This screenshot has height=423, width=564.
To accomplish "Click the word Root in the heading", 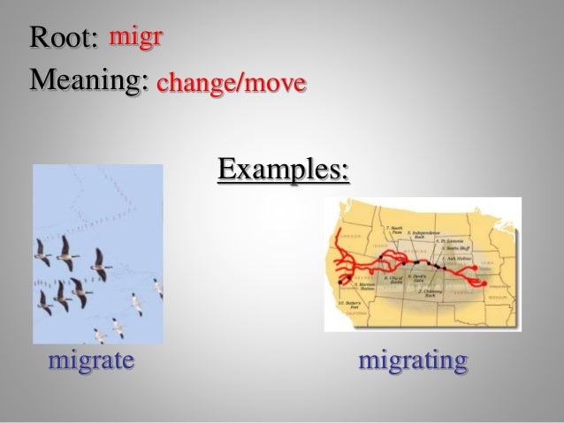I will pos(62,40).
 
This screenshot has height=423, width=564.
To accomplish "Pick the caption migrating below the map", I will pos(413,361).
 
